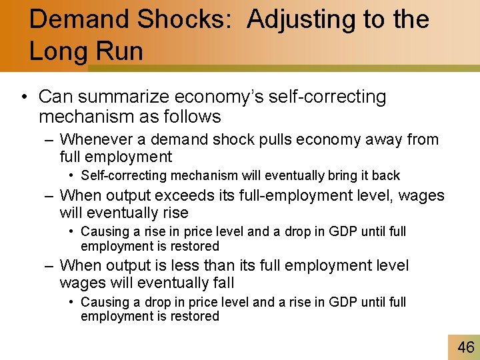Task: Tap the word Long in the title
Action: tap(57, 51)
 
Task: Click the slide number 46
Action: tap(465, 347)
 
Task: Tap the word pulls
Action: tap(281, 140)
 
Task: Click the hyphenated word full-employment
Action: tap(299, 196)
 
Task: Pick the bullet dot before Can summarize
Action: tap(24, 97)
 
